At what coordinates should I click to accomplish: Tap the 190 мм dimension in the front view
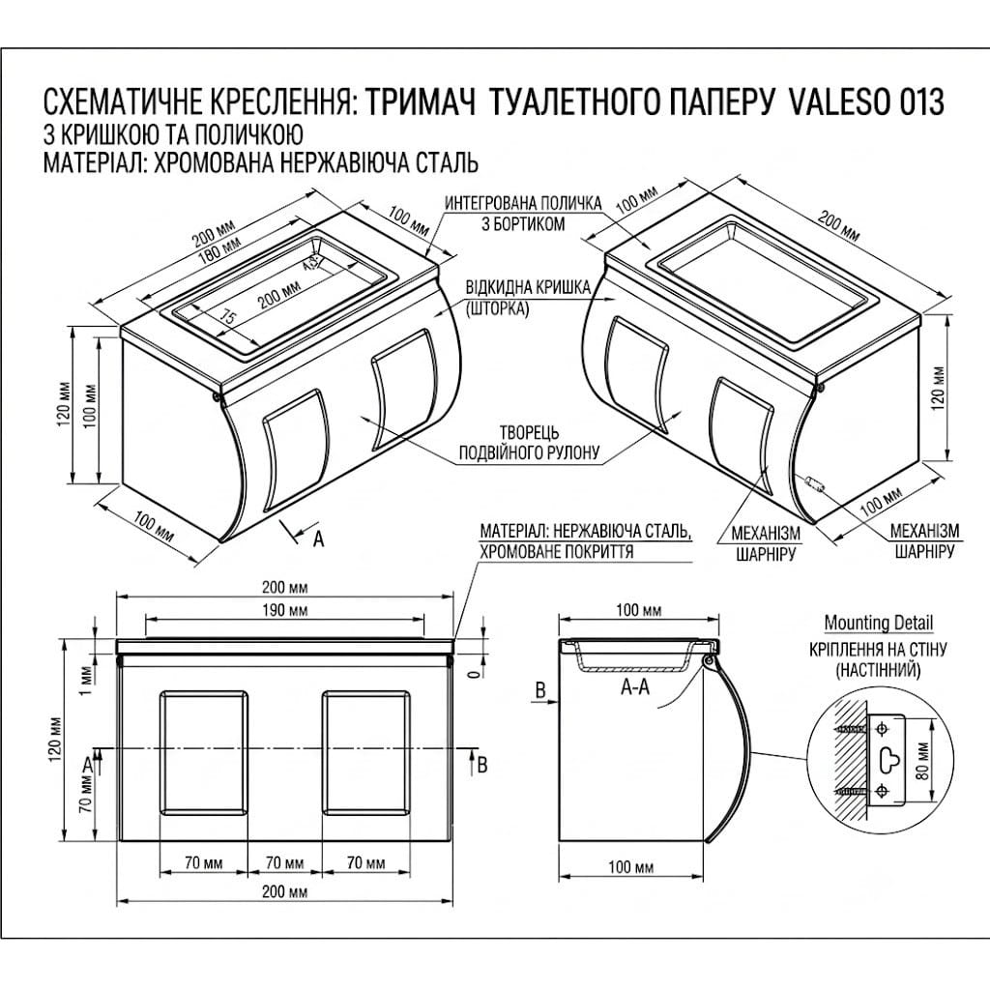click(x=285, y=611)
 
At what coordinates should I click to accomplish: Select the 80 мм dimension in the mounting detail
click(x=923, y=761)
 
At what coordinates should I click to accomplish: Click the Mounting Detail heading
click(x=878, y=624)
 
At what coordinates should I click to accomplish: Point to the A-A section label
click(x=634, y=686)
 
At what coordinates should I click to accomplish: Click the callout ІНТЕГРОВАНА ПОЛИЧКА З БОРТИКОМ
click(x=523, y=214)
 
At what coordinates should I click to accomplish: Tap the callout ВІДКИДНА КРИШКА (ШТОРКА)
click(x=528, y=298)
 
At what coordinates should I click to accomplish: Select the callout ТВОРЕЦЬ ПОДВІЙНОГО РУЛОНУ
click(x=529, y=443)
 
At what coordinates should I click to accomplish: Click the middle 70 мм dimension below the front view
click(x=285, y=862)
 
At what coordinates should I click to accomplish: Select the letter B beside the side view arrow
click(x=540, y=689)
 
